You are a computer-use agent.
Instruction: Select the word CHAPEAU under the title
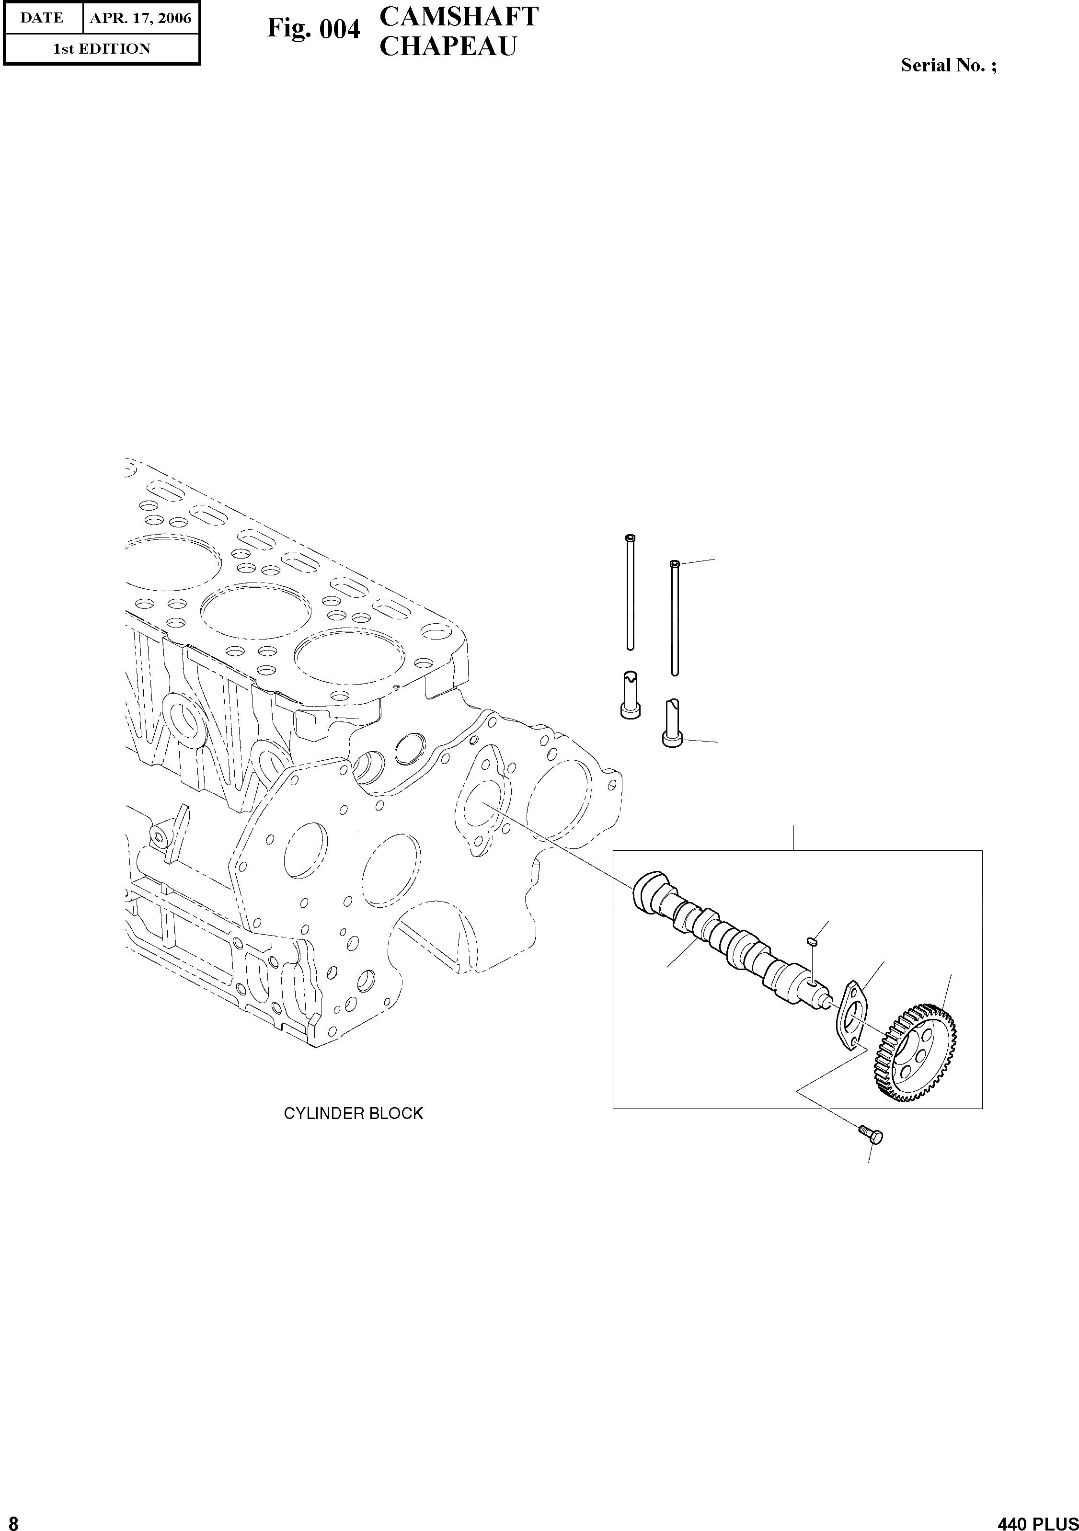(448, 46)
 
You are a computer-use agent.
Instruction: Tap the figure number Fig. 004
(313, 29)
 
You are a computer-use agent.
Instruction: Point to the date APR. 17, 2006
(141, 18)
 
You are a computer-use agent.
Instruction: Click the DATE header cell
(42, 18)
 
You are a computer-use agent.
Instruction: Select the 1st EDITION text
(102, 49)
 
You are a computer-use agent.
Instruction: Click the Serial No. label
(949, 65)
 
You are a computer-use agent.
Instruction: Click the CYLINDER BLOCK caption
(354, 1114)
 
